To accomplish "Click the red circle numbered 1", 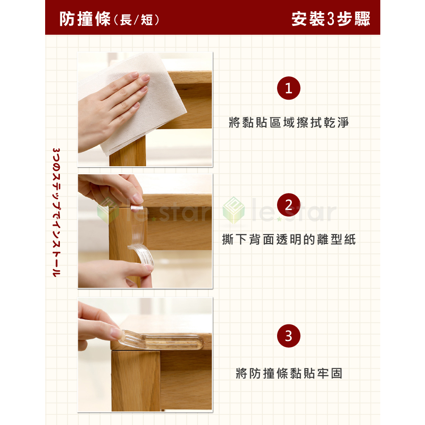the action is (x=289, y=88).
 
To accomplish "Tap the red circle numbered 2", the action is (x=289, y=205).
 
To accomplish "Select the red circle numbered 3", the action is (x=289, y=336).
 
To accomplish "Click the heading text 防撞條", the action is (x=85, y=19).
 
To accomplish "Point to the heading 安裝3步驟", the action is (x=331, y=19).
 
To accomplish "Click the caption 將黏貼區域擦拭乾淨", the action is (x=289, y=123).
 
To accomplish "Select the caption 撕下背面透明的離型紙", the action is (x=289, y=240).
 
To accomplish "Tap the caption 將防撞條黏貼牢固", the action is (x=289, y=374).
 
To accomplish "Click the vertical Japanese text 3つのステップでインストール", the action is (x=56, y=212).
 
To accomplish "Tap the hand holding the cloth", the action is (x=111, y=109).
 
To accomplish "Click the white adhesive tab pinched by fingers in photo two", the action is (x=137, y=208).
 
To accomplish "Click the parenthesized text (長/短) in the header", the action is (x=136, y=20).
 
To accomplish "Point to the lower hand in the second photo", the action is (x=116, y=274).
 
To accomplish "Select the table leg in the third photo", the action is (x=135, y=381).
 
